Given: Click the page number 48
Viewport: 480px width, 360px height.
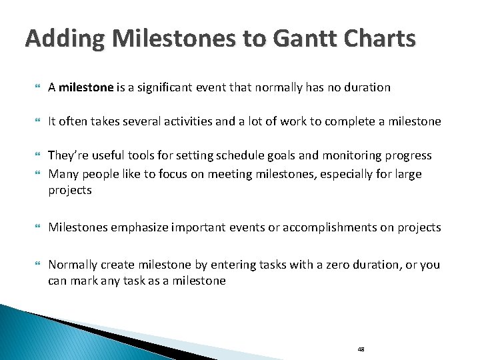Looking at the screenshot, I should [x=361, y=349].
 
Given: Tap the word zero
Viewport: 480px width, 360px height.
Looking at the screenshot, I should [x=295, y=265].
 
